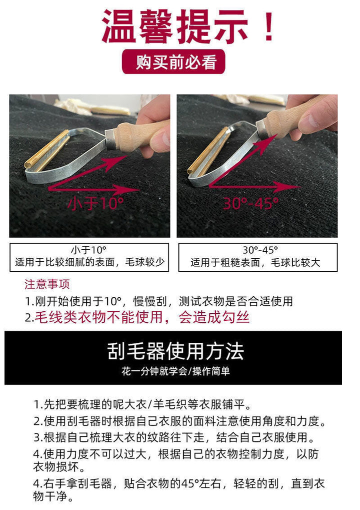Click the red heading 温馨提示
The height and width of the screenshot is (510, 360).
tap(175, 26)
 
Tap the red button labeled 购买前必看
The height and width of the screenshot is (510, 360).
tap(173, 62)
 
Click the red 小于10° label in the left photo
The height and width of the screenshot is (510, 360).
tap(95, 203)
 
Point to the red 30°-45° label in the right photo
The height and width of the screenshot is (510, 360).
tap(250, 203)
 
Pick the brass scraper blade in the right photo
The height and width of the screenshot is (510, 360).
tap(208, 150)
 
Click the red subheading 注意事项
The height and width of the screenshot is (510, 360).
tap(47, 284)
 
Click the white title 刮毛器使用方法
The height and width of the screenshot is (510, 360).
tap(175, 351)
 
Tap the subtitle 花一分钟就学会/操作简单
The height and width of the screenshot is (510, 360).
tap(176, 371)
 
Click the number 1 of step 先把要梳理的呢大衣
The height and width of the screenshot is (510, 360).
tap(36, 405)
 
